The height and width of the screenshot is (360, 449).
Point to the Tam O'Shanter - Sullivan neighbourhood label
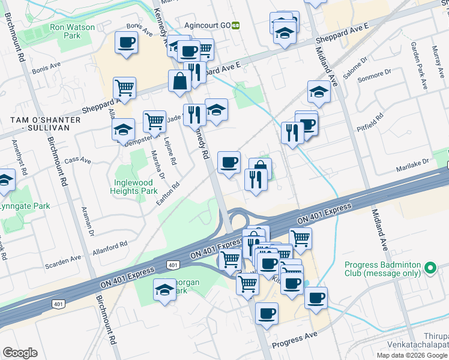[x=46, y=124]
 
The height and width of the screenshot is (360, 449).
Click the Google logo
[x=20, y=353]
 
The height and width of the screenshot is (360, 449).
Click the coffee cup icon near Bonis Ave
[x=126, y=43]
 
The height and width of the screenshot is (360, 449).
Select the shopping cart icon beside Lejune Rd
[x=154, y=122]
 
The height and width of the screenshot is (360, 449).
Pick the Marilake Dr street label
[x=414, y=165]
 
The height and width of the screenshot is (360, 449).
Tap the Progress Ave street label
[x=294, y=341]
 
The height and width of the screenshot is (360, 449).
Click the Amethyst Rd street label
[x=16, y=157]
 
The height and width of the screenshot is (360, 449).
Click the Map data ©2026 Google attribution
[x=412, y=355]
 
